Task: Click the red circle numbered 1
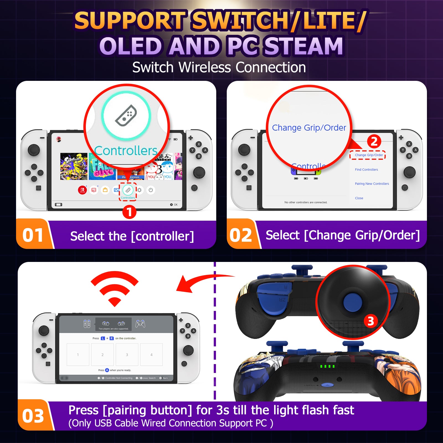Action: coord(129,212)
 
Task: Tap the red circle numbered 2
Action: coord(374,141)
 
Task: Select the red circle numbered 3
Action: coord(370,321)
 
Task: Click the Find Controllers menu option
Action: coord(366,169)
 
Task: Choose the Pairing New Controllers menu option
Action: coord(372,184)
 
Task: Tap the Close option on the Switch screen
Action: coord(359,198)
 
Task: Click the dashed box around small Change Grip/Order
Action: coord(368,155)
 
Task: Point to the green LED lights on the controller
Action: coord(327,366)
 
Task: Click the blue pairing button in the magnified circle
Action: coord(352,302)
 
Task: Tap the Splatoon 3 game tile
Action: coord(74,166)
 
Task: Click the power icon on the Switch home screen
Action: coord(151,190)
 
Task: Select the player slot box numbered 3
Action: coord(127,355)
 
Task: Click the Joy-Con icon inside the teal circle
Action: coord(126,115)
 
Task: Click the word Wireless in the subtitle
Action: coord(205,67)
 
